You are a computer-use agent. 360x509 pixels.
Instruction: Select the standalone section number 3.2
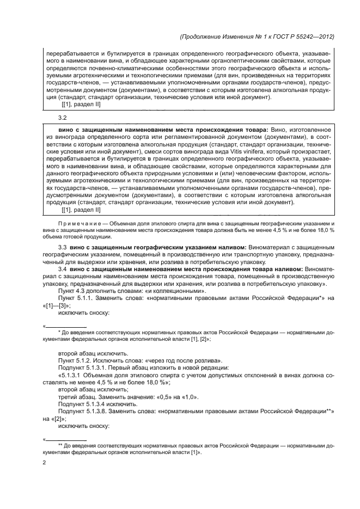point(62,118)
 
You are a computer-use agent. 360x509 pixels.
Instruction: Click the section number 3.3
point(62,248)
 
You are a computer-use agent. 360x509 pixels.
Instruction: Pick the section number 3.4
point(62,269)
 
